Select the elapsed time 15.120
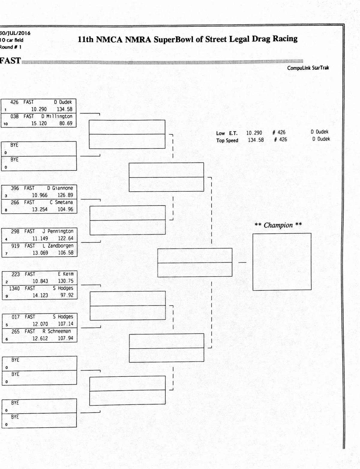39,123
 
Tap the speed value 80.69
66,123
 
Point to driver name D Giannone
60,188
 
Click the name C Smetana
61,203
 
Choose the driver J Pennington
58,231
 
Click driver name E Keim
66,274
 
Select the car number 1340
14,288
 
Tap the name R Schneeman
57,331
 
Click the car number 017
16,317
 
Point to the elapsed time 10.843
40,281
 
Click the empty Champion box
282,262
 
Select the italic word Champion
278,225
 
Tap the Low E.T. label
227,133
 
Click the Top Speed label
227,140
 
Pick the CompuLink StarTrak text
308,68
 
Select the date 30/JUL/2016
15,33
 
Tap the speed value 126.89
65,195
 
